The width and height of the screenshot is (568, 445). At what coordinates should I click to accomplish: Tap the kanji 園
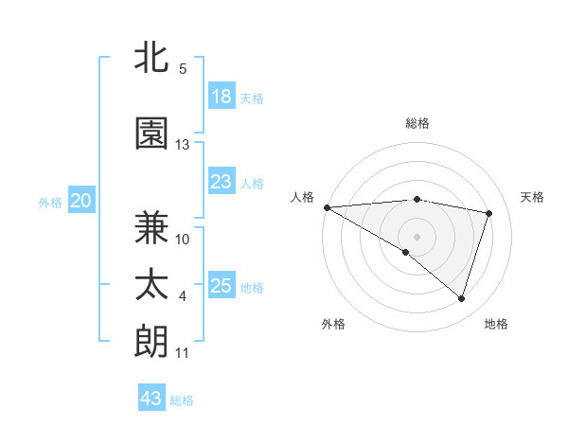(151, 133)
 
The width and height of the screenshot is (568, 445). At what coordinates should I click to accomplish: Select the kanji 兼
(151, 227)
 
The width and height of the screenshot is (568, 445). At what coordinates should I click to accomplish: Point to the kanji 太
(151, 286)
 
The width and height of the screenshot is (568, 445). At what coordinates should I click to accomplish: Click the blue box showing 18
(222, 97)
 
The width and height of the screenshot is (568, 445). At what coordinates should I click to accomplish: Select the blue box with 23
(222, 183)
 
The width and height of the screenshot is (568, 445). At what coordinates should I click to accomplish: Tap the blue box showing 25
(222, 287)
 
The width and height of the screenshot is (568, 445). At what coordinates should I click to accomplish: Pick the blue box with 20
(81, 201)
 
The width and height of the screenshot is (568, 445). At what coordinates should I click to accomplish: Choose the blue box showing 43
(151, 399)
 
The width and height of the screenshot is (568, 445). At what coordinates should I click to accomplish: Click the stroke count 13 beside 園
(183, 145)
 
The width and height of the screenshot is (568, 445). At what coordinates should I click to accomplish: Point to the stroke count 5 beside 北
(183, 69)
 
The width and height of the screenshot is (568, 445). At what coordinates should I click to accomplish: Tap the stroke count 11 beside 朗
(183, 353)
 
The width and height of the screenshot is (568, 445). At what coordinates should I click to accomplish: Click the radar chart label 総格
(417, 123)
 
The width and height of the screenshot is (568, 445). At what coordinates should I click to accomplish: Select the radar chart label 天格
(532, 197)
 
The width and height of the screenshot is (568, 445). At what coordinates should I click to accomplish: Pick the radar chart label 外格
(333, 324)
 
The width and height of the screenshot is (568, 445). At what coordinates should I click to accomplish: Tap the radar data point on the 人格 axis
(327, 207)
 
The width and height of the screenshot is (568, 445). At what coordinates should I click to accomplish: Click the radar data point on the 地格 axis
(461, 299)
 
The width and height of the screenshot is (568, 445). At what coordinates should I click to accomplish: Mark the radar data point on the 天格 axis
(489, 213)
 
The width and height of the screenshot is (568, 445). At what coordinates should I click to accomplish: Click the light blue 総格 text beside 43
(182, 400)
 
